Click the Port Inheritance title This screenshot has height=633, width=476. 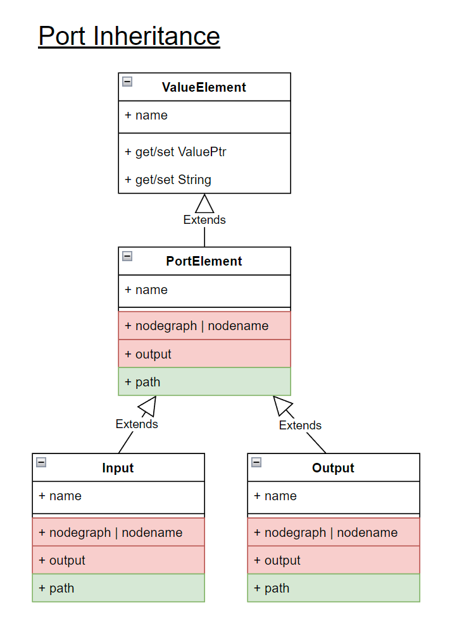coord(129,36)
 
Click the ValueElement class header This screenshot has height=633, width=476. coord(204,87)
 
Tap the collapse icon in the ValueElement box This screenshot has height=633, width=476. coord(127,82)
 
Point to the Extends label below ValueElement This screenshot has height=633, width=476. coord(204,220)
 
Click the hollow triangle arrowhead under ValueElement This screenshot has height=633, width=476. coord(204,204)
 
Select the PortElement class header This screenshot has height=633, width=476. coord(204,261)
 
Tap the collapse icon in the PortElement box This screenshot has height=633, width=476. coord(127,256)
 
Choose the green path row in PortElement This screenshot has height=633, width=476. coord(204,382)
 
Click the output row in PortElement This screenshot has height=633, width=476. coord(204,354)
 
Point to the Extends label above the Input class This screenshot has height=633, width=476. coord(137,424)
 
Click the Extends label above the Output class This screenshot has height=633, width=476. coord(300,426)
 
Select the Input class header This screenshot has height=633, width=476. coord(118,468)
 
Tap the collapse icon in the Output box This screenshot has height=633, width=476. coord(256,462)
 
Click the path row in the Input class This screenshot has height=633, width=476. coord(118,588)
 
